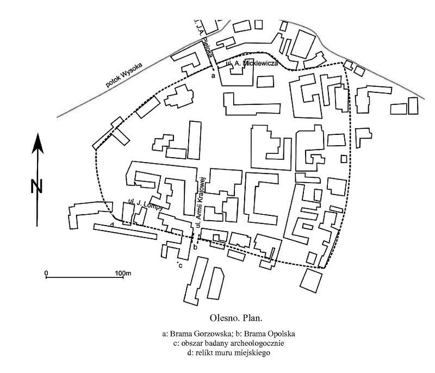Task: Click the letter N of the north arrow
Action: (36, 186)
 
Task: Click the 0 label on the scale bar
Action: (47, 271)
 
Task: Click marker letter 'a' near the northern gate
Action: (213, 77)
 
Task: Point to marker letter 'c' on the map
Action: (179, 265)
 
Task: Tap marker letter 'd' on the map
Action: (111, 225)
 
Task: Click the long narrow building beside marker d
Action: (130, 232)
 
